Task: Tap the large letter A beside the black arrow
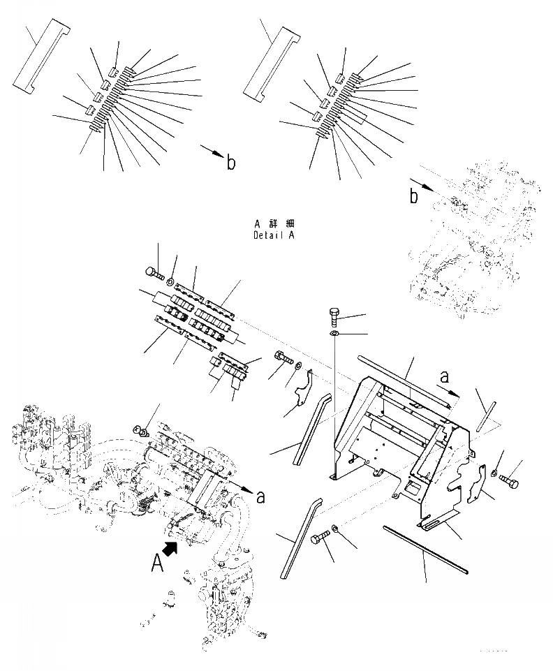[x=159, y=562]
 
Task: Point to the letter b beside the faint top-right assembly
[x=414, y=197]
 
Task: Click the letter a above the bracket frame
[x=443, y=377]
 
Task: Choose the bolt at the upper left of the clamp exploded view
[x=154, y=274]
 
